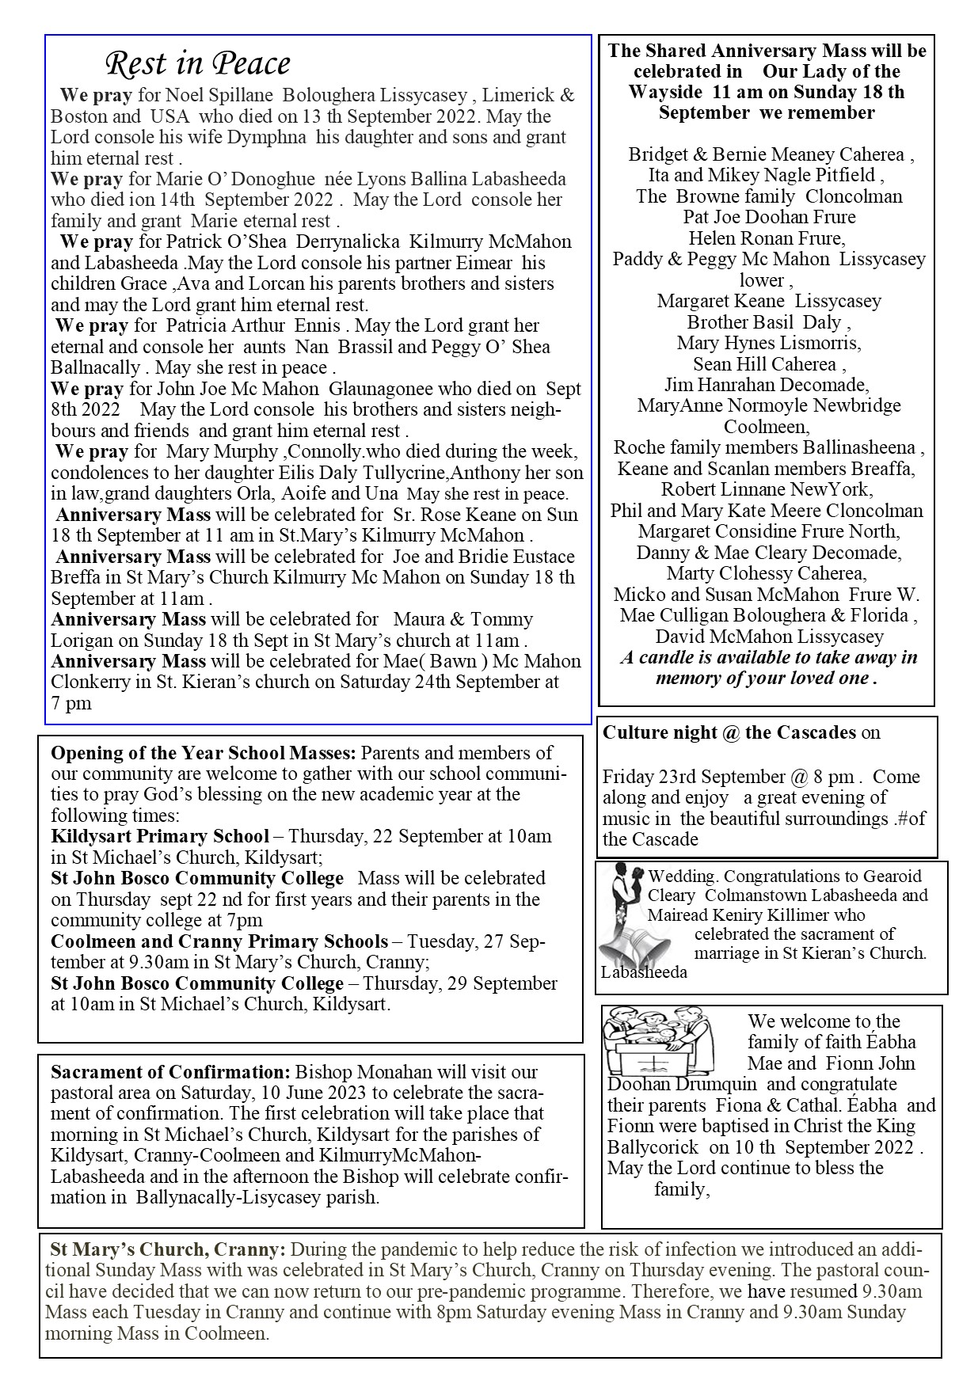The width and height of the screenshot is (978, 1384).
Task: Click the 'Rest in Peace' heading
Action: pyautogui.click(x=198, y=63)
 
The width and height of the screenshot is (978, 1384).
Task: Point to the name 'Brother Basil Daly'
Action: pyautogui.click(x=764, y=322)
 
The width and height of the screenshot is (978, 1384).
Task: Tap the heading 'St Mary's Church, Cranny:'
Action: pyautogui.click(x=167, y=1250)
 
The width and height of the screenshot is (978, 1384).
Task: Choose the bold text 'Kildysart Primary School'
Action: pyautogui.click(x=160, y=836)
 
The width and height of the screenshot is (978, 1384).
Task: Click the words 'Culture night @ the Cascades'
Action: pyautogui.click(x=729, y=732)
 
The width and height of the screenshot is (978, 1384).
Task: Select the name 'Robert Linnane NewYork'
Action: pyautogui.click(x=766, y=489)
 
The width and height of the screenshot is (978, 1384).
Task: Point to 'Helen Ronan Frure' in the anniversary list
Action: pyautogui.click(x=766, y=238)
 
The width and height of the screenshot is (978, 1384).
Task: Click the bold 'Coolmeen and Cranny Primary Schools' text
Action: pyautogui.click(x=219, y=941)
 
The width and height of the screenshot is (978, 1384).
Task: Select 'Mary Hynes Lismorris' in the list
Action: pyautogui.click(x=768, y=343)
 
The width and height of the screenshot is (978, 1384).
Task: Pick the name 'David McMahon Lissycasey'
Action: pyautogui.click(x=768, y=636)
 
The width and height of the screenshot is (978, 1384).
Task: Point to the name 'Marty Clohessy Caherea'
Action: pyautogui.click(x=766, y=572)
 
